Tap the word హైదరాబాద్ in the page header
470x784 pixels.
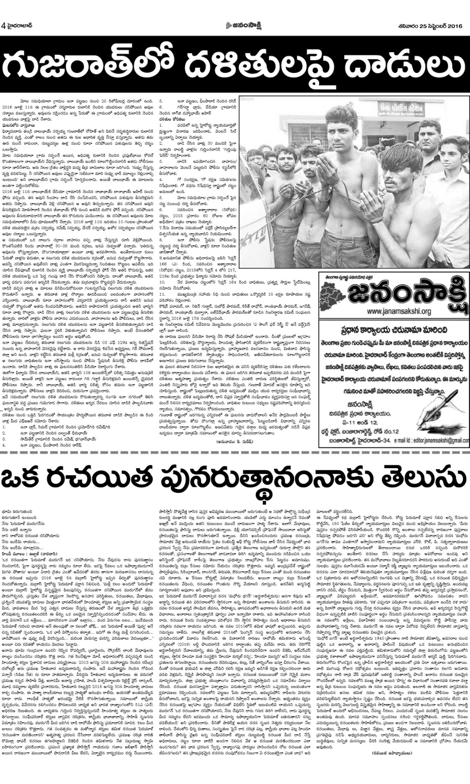(19, 25)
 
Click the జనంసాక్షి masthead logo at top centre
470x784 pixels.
(243, 25)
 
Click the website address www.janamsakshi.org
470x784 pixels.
(399, 312)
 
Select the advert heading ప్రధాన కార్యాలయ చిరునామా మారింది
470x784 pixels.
(394, 330)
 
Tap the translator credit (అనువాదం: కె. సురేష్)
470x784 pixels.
(234, 442)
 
